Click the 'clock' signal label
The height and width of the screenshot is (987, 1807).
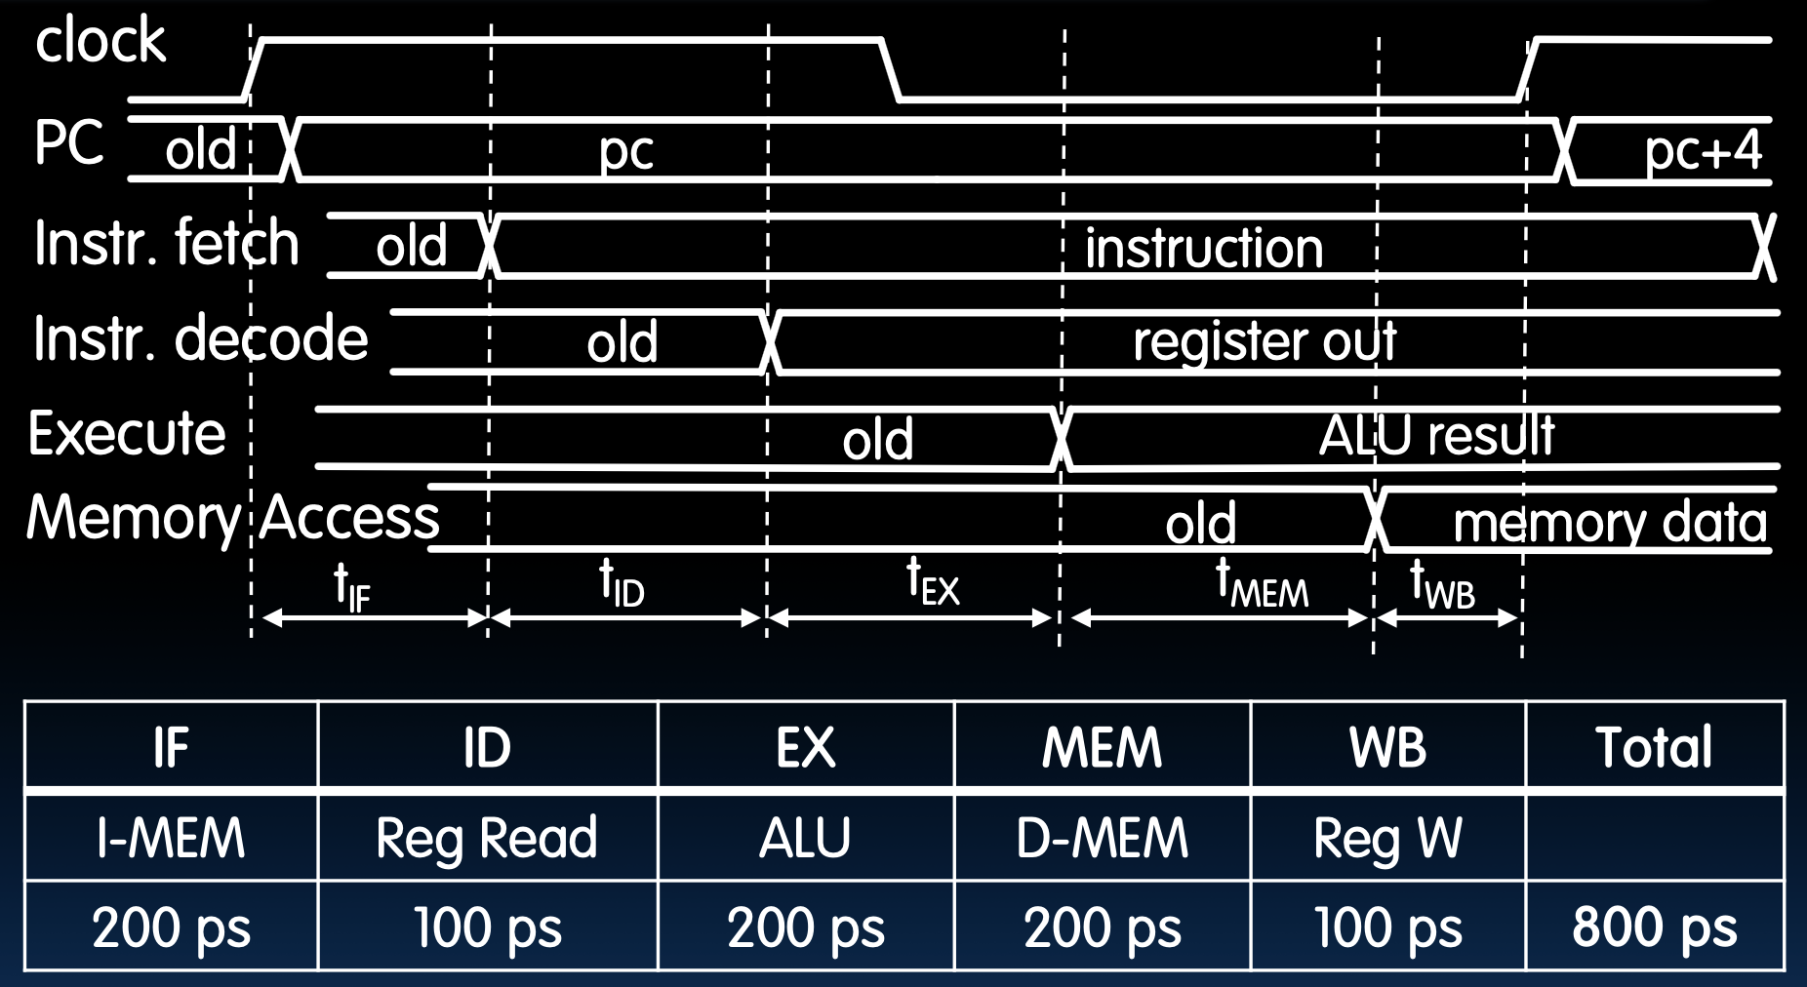[100, 41]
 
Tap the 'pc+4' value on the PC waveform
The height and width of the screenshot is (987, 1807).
[1703, 151]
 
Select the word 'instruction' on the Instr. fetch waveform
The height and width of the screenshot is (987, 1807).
[1204, 248]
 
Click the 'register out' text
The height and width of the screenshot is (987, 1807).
[1265, 342]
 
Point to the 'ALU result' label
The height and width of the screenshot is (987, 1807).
[1436, 436]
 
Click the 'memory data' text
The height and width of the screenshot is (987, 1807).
[1610, 523]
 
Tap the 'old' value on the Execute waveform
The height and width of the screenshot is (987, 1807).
[878, 440]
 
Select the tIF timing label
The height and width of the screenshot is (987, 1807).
[352, 586]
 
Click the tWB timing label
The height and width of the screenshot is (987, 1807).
[1442, 585]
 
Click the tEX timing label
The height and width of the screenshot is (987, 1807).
[933, 582]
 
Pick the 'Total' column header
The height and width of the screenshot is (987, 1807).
[1654, 747]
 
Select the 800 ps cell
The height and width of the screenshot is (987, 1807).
[1654, 927]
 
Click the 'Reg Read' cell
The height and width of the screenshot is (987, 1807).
[487, 838]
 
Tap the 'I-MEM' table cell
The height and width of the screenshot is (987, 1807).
[171, 838]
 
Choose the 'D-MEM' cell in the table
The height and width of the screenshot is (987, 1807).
[1102, 838]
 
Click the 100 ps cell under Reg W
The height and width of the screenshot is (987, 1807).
[1387, 927]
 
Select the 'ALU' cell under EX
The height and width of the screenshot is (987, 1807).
[805, 838]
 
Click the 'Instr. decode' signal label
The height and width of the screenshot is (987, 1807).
[201, 339]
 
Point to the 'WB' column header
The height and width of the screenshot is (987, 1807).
[1387, 747]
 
